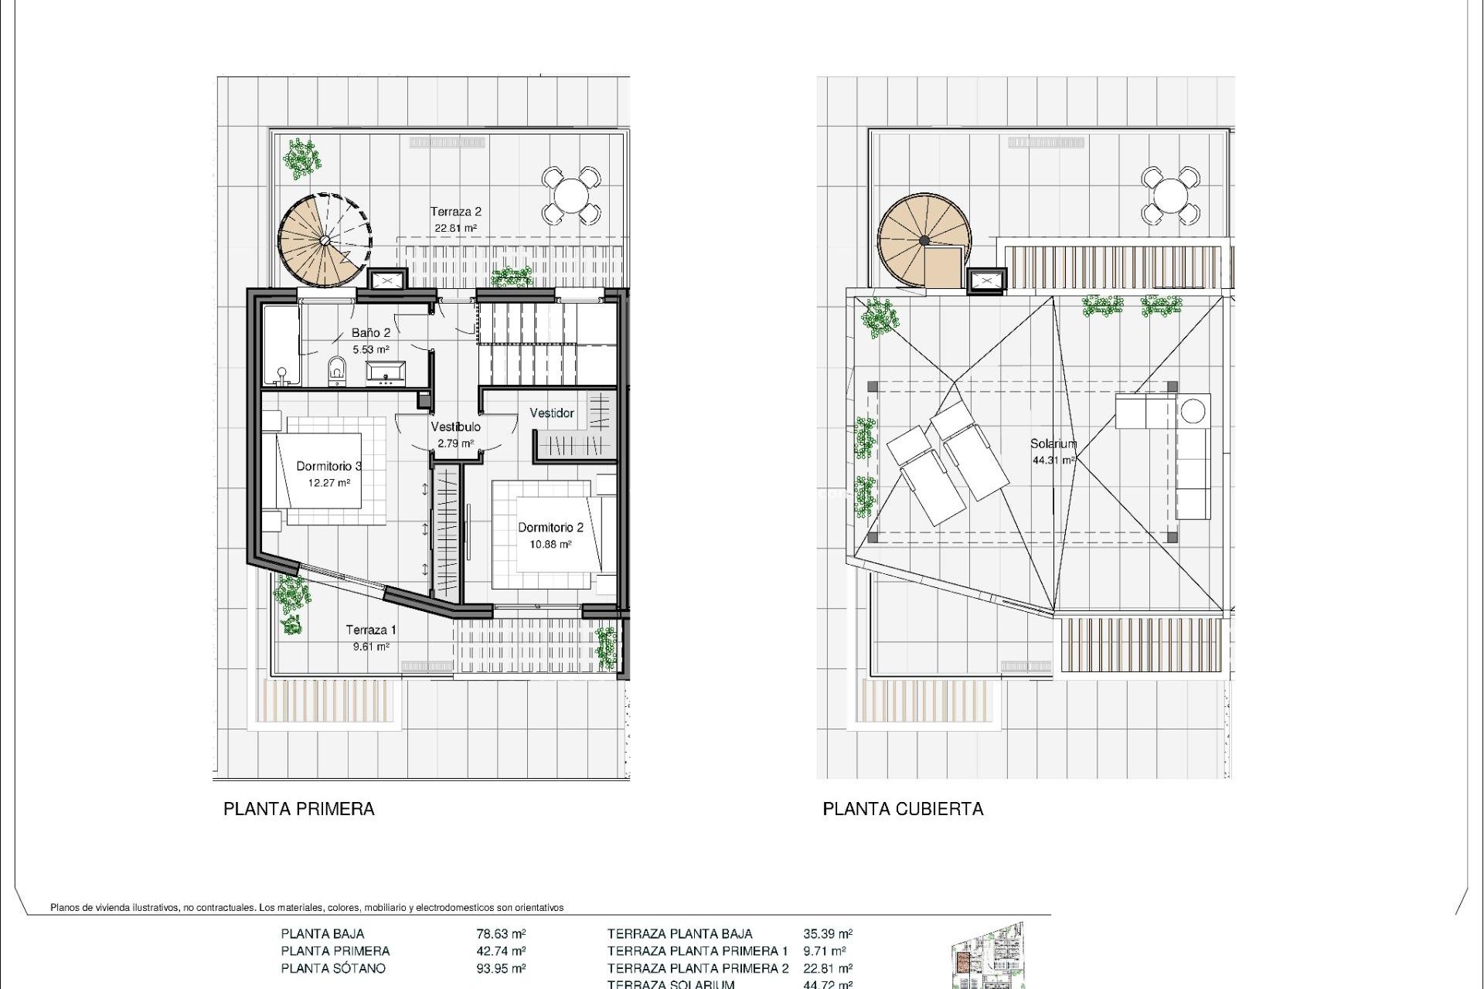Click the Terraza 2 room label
click(456, 211)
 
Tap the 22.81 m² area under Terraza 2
click(455, 228)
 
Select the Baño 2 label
click(371, 332)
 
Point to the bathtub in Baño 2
click(280, 345)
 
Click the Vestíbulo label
click(455, 427)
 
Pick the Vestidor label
click(552, 413)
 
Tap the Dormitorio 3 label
click(329, 466)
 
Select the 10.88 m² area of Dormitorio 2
click(550, 544)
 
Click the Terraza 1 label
click(371, 630)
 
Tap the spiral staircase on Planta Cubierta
click(923, 240)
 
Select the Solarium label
click(1053, 444)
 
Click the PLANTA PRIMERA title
click(299, 809)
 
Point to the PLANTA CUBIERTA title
click(903, 809)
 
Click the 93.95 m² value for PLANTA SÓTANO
click(501, 968)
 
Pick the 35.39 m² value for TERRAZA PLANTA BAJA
click(828, 933)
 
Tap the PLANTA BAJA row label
click(322, 933)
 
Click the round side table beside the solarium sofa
click(1194, 410)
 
